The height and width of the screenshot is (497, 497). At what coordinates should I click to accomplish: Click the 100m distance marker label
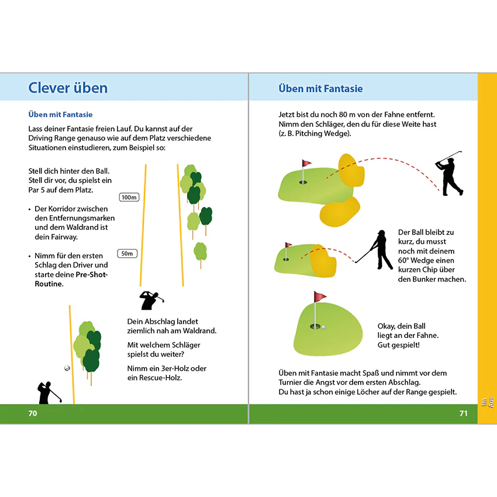pyautogui.click(x=129, y=197)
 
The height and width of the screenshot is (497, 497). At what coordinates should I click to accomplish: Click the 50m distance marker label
pyautogui.click(x=127, y=254)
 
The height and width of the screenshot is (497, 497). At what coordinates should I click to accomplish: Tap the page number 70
pyautogui.click(x=33, y=413)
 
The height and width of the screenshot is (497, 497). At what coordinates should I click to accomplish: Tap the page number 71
pyautogui.click(x=464, y=413)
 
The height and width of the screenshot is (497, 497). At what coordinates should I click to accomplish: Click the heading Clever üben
pyautogui.click(x=68, y=88)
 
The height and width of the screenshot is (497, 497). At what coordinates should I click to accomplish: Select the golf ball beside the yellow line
pyautogui.click(x=67, y=368)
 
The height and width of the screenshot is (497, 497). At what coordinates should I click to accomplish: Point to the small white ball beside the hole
pyautogui.click(x=323, y=327)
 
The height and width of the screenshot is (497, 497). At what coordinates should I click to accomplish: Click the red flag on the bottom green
pyautogui.click(x=319, y=296)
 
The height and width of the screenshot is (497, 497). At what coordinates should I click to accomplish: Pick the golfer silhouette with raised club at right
pyautogui.click(x=449, y=174)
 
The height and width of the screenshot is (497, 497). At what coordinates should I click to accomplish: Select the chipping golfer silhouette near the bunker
pyautogui.click(x=375, y=250)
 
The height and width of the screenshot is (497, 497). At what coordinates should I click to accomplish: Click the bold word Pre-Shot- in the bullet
pyautogui.click(x=92, y=274)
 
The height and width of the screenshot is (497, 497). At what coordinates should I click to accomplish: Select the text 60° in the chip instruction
pyautogui.click(x=403, y=260)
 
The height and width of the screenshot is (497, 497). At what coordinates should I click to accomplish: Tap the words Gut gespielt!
pyautogui.click(x=398, y=345)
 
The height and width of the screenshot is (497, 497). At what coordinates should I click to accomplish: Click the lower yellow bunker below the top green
pyautogui.click(x=340, y=212)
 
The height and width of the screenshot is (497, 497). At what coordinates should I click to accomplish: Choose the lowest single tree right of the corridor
pyautogui.click(x=201, y=254)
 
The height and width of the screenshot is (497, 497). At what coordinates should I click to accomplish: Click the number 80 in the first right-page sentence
pyautogui.click(x=343, y=115)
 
